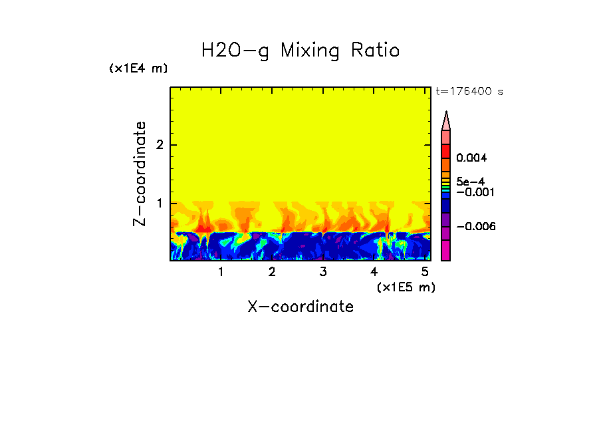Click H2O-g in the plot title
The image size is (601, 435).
(235, 51)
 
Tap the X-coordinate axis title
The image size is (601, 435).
(300, 307)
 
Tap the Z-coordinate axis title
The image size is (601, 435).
(140, 174)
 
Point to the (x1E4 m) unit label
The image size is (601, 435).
(138, 69)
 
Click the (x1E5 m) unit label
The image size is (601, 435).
(406, 287)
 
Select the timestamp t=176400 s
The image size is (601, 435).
(469, 91)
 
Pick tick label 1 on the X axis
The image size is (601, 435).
(221, 272)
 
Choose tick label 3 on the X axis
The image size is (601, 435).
(322, 272)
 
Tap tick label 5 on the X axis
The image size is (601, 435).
(425, 272)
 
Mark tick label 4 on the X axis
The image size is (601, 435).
(374, 272)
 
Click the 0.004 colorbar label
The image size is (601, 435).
(472, 158)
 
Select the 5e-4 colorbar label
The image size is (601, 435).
(470, 181)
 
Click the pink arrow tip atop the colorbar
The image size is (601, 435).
(446, 120)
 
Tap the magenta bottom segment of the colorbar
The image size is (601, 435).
(446, 251)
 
